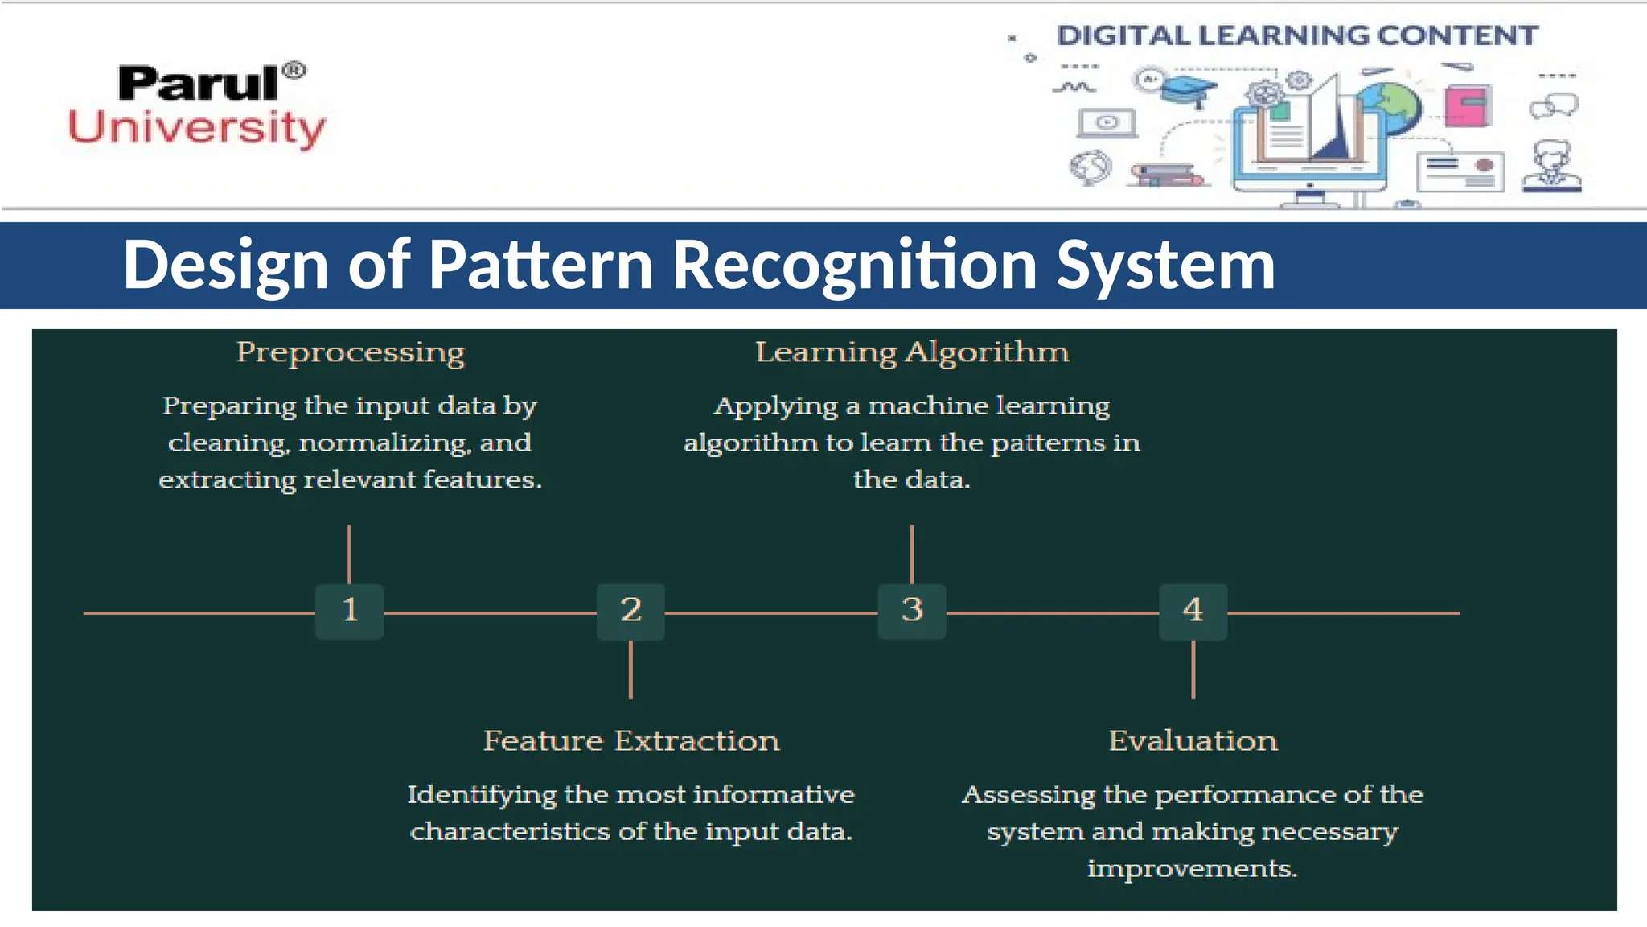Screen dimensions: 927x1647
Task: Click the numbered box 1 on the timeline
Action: [x=349, y=612]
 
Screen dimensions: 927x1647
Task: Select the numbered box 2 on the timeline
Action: [x=630, y=612]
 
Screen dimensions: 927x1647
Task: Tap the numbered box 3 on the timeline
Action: [x=911, y=612]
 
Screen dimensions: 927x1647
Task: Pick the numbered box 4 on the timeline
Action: [x=1193, y=612]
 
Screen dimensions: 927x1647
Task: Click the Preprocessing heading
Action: [x=350, y=352]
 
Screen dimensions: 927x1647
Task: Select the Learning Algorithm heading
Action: [x=912, y=352]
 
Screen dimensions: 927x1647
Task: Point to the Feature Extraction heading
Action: [x=630, y=740]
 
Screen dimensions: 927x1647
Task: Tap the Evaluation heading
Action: [x=1193, y=740]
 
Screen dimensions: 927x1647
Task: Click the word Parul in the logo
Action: [x=198, y=84]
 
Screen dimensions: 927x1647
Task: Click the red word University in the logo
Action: [x=196, y=128]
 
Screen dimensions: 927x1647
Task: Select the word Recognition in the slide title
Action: [x=854, y=265]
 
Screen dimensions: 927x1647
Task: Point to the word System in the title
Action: [x=1165, y=265]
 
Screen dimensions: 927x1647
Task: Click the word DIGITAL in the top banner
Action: [x=1123, y=36]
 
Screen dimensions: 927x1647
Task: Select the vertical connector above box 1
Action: [x=349, y=554]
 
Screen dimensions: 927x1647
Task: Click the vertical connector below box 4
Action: [x=1193, y=669]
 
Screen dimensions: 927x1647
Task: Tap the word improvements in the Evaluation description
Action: [x=1192, y=869]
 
